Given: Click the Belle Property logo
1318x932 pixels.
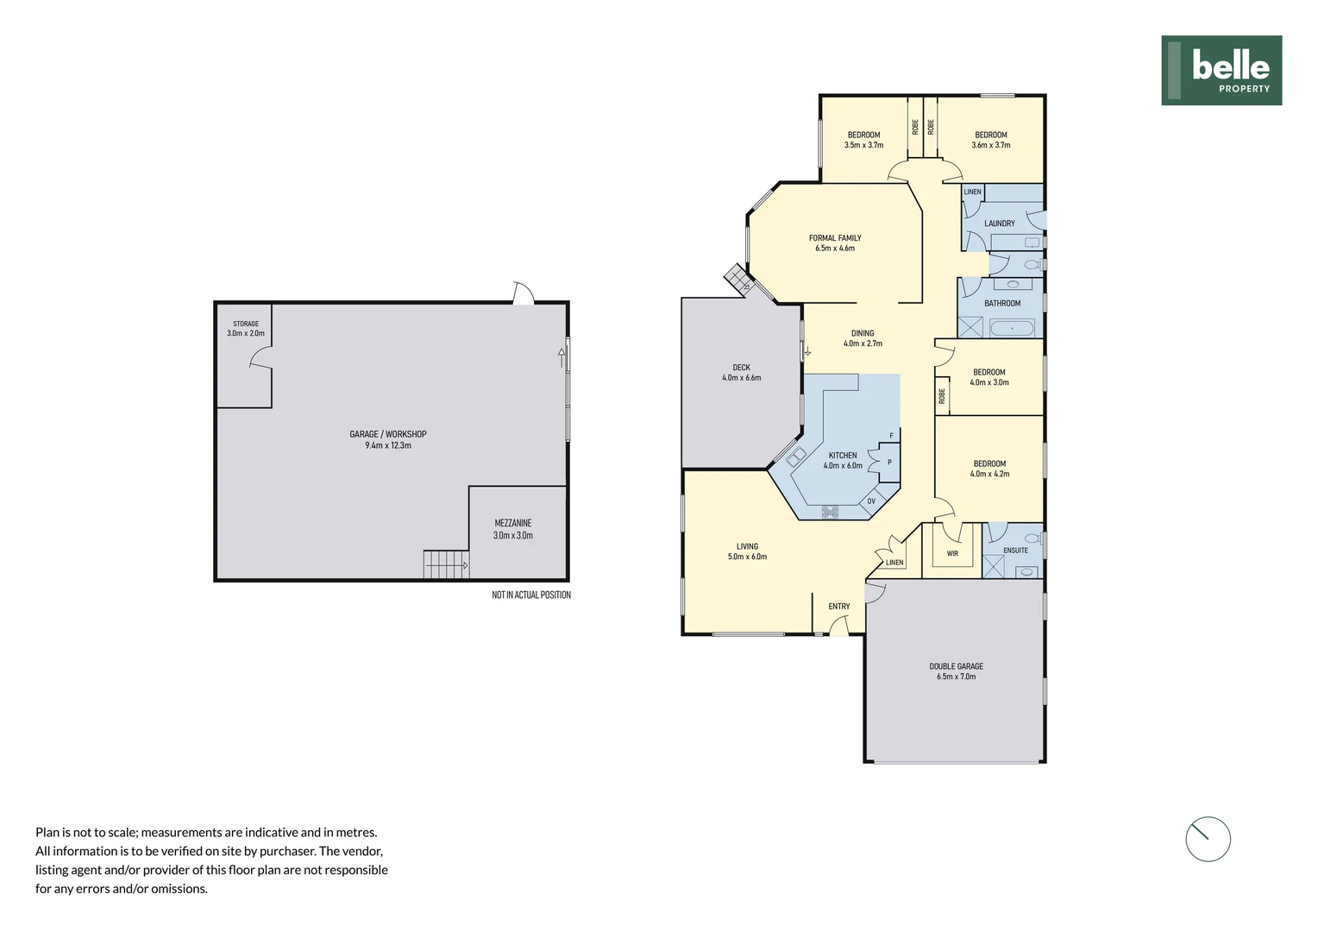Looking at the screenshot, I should [x=1221, y=71].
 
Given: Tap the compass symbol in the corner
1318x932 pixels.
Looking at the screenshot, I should [x=1208, y=839].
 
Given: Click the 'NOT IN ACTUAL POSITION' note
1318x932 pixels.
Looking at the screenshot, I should [x=530, y=595].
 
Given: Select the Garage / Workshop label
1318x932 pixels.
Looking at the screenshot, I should [x=388, y=440].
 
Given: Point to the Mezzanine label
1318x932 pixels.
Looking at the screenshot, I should [x=512, y=529].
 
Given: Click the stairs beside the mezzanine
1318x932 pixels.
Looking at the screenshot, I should [x=445, y=565].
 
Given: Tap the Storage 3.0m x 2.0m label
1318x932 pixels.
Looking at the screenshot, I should [x=246, y=329].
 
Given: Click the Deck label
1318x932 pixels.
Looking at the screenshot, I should [x=741, y=373].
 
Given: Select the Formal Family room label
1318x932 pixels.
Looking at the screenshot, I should [x=835, y=243].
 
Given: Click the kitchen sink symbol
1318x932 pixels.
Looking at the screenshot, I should [x=795, y=457].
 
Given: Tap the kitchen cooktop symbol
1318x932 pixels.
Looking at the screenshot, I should [x=830, y=512].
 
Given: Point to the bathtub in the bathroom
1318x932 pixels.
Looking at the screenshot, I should [x=1011, y=328].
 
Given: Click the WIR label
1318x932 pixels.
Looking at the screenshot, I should [x=952, y=554].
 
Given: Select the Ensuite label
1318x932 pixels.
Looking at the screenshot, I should [x=1015, y=551].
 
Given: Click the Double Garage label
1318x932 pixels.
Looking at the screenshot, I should [x=956, y=671].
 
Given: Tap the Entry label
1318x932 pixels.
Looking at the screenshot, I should [x=838, y=607].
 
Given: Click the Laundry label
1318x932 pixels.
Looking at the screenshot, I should [x=999, y=224].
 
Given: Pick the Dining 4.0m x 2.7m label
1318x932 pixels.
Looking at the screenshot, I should [x=863, y=338].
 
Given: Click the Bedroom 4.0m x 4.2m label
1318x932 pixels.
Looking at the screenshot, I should [x=989, y=469].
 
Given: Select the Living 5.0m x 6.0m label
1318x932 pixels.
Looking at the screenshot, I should [x=747, y=551].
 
